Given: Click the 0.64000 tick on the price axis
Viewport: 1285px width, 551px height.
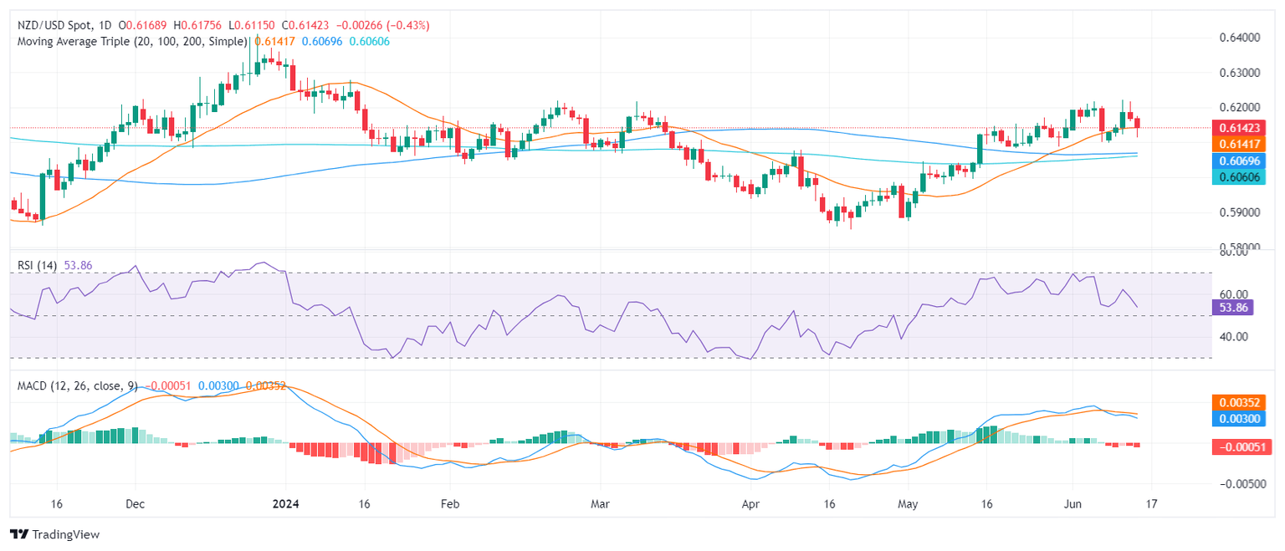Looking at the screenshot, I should [x=1236, y=38].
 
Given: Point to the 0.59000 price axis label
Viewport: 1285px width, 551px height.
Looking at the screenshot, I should [x=1236, y=212].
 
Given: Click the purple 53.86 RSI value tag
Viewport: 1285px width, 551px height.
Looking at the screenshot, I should [x=1232, y=308].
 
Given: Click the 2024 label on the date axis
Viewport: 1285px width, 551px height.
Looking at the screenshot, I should [x=284, y=505].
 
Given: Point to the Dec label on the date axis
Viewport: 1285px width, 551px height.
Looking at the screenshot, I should [x=135, y=505].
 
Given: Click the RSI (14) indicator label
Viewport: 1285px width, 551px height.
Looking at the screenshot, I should [x=37, y=265].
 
